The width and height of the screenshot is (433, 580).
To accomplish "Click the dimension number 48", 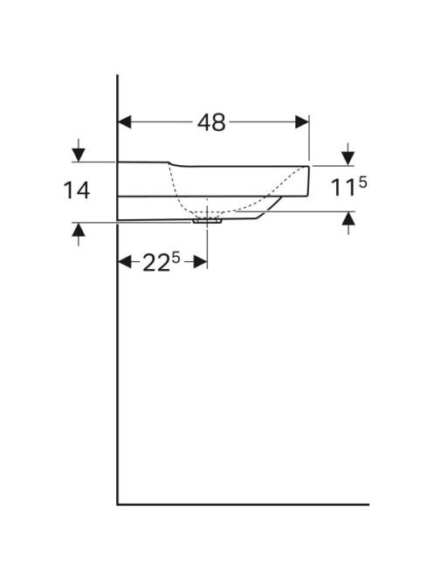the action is click(x=211, y=122).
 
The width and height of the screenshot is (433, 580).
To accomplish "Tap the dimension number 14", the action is click(x=77, y=190).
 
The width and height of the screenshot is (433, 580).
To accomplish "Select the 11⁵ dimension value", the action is click(x=348, y=186).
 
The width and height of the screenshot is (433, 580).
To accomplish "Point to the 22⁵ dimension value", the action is click(x=162, y=262).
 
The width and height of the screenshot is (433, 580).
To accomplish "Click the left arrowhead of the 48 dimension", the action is click(x=125, y=122).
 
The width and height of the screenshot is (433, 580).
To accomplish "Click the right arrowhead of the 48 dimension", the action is click(x=302, y=122).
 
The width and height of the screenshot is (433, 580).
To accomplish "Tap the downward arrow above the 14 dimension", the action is click(x=79, y=150).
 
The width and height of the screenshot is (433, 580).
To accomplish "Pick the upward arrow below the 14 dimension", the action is click(x=79, y=234).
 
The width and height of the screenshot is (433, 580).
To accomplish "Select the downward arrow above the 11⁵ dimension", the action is click(x=348, y=155).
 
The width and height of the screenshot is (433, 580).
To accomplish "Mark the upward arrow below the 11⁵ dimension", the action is click(x=348, y=224).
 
